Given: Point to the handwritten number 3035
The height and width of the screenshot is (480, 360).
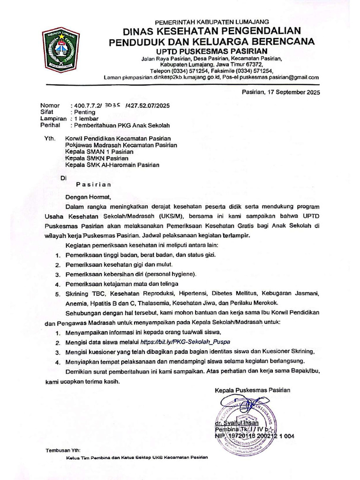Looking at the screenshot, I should [113, 105].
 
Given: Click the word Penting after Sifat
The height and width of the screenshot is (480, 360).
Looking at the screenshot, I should [83, 112].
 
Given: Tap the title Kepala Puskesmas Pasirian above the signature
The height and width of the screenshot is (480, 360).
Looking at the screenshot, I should [252, 390].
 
